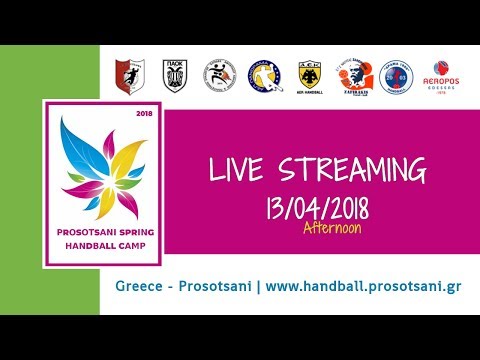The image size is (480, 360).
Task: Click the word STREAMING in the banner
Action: (348, 169)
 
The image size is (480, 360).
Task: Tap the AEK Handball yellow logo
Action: (310, 75)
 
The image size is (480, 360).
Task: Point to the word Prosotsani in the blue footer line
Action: (217, 286)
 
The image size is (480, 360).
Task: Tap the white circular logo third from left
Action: (221, 75)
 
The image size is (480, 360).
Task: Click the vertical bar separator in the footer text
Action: (260, 286)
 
